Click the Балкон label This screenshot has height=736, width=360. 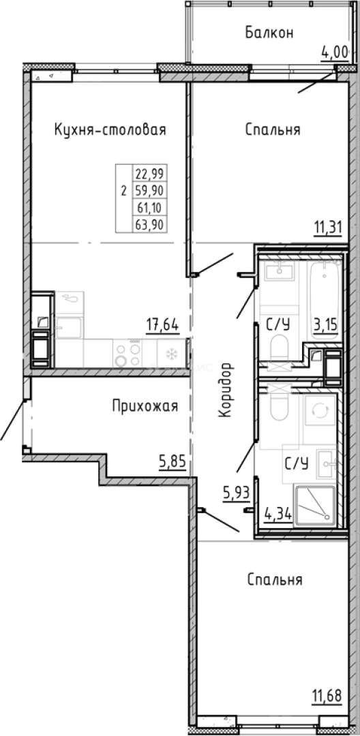pos(269,33)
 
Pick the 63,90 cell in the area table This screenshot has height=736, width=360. pos(153,222)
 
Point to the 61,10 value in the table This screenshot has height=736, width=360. pos(153,206)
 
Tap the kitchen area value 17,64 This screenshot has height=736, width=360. pos(162,325)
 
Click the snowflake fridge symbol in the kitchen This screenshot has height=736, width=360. pos(170,354)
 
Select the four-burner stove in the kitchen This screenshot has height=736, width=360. pos(127,354)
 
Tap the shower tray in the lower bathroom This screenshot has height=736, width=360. pos(314,506)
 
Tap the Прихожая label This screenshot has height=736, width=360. pos(145,407)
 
